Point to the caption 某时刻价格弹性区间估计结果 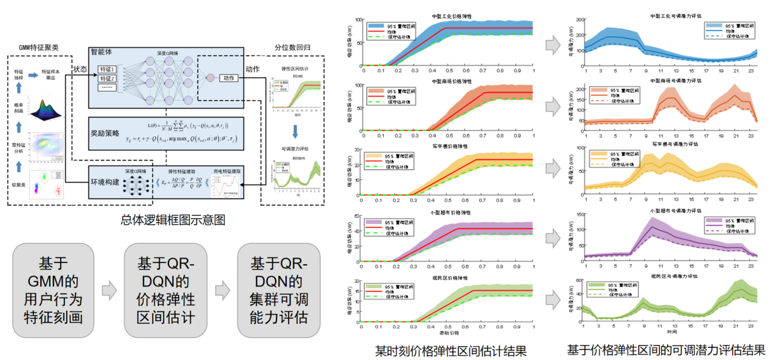450,350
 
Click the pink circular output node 210,78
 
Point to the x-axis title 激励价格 449,333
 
